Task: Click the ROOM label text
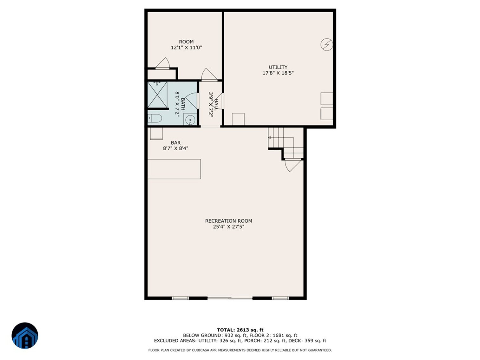point(186,42)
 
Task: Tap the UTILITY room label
point(278,67)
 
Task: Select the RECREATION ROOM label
point(228,221)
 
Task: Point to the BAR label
point(175,143)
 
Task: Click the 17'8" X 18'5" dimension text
point(278,73)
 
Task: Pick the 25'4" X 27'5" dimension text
point(228,227)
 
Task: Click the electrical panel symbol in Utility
point(326,44)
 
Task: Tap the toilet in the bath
point(155,118)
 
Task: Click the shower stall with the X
point(157,95)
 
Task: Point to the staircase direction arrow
point(270,138)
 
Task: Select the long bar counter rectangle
point(174,169)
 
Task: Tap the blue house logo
point(25,336)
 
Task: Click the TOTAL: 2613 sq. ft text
point(240,330)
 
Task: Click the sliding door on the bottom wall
point(230,298)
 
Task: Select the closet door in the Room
point(162,63)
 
